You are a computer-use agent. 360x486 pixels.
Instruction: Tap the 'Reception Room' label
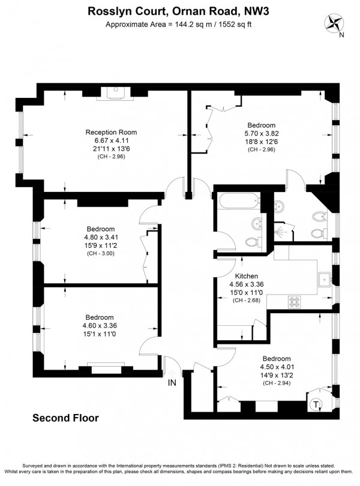click(111, 132)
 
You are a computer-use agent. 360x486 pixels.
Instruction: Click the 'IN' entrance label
click(172, 382)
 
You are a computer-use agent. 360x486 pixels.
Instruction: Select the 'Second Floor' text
click(65, 418)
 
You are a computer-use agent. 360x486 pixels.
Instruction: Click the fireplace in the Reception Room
click(116, 92)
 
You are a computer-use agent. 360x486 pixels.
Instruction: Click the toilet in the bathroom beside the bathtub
click(253, 241)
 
